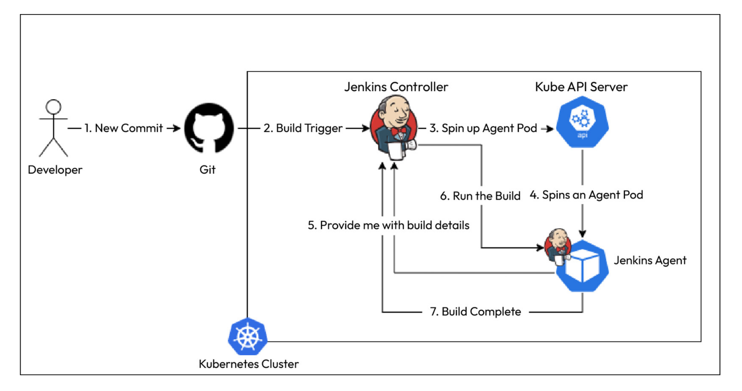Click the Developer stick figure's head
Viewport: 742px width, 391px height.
click(x=53, y=107)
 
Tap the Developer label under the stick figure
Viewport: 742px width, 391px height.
click(x=55, y=170)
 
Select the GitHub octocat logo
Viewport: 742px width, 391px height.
click(x=209, y=128)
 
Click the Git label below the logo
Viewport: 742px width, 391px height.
click(x=207, y=170)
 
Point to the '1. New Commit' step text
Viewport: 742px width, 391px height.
click(x=123, y=128)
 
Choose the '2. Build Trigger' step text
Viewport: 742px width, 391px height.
click(x=303, y=128)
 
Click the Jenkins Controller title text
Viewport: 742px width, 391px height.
click(x=396, y=87)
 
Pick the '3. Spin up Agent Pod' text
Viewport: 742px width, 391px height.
click(x=483, y=128)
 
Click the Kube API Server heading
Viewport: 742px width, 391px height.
click(x=581, y=87)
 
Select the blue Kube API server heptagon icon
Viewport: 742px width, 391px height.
click(x=582, y=122)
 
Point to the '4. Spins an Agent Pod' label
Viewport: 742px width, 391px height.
click(x=586, y=195)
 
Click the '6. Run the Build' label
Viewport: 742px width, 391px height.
click(x=480, y=196)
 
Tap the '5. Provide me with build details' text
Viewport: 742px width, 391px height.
click(x=388, y=225)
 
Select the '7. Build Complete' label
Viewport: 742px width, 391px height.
click(x=475, y=312)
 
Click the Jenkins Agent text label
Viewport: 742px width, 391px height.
click(x=650, y=260)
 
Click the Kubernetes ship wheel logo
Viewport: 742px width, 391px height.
click(x=247, y=336)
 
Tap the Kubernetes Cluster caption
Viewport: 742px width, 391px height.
click(x=249, y=364)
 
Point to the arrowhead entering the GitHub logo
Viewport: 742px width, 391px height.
click(x=178, y=128)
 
